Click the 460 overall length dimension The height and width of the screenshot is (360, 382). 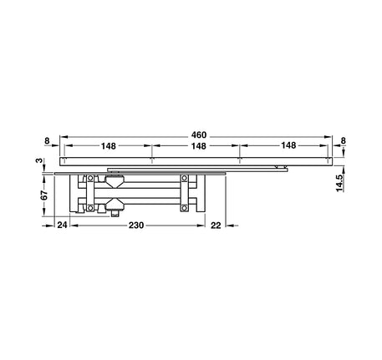[x=199, y=135]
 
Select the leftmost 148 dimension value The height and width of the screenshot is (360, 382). [x=108, y=146]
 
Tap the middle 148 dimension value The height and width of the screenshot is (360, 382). [x=198, y=146]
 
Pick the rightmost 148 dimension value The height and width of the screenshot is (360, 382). [x=288, y=145]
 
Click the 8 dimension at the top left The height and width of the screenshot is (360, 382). [x=47, y=141]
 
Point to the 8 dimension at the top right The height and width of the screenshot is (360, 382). [x=344, y=141]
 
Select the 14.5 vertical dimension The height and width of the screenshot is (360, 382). [x=339, y=183]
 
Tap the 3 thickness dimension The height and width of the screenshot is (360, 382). [x=40, y=160]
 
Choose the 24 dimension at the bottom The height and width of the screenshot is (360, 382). [x=62, y=225]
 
